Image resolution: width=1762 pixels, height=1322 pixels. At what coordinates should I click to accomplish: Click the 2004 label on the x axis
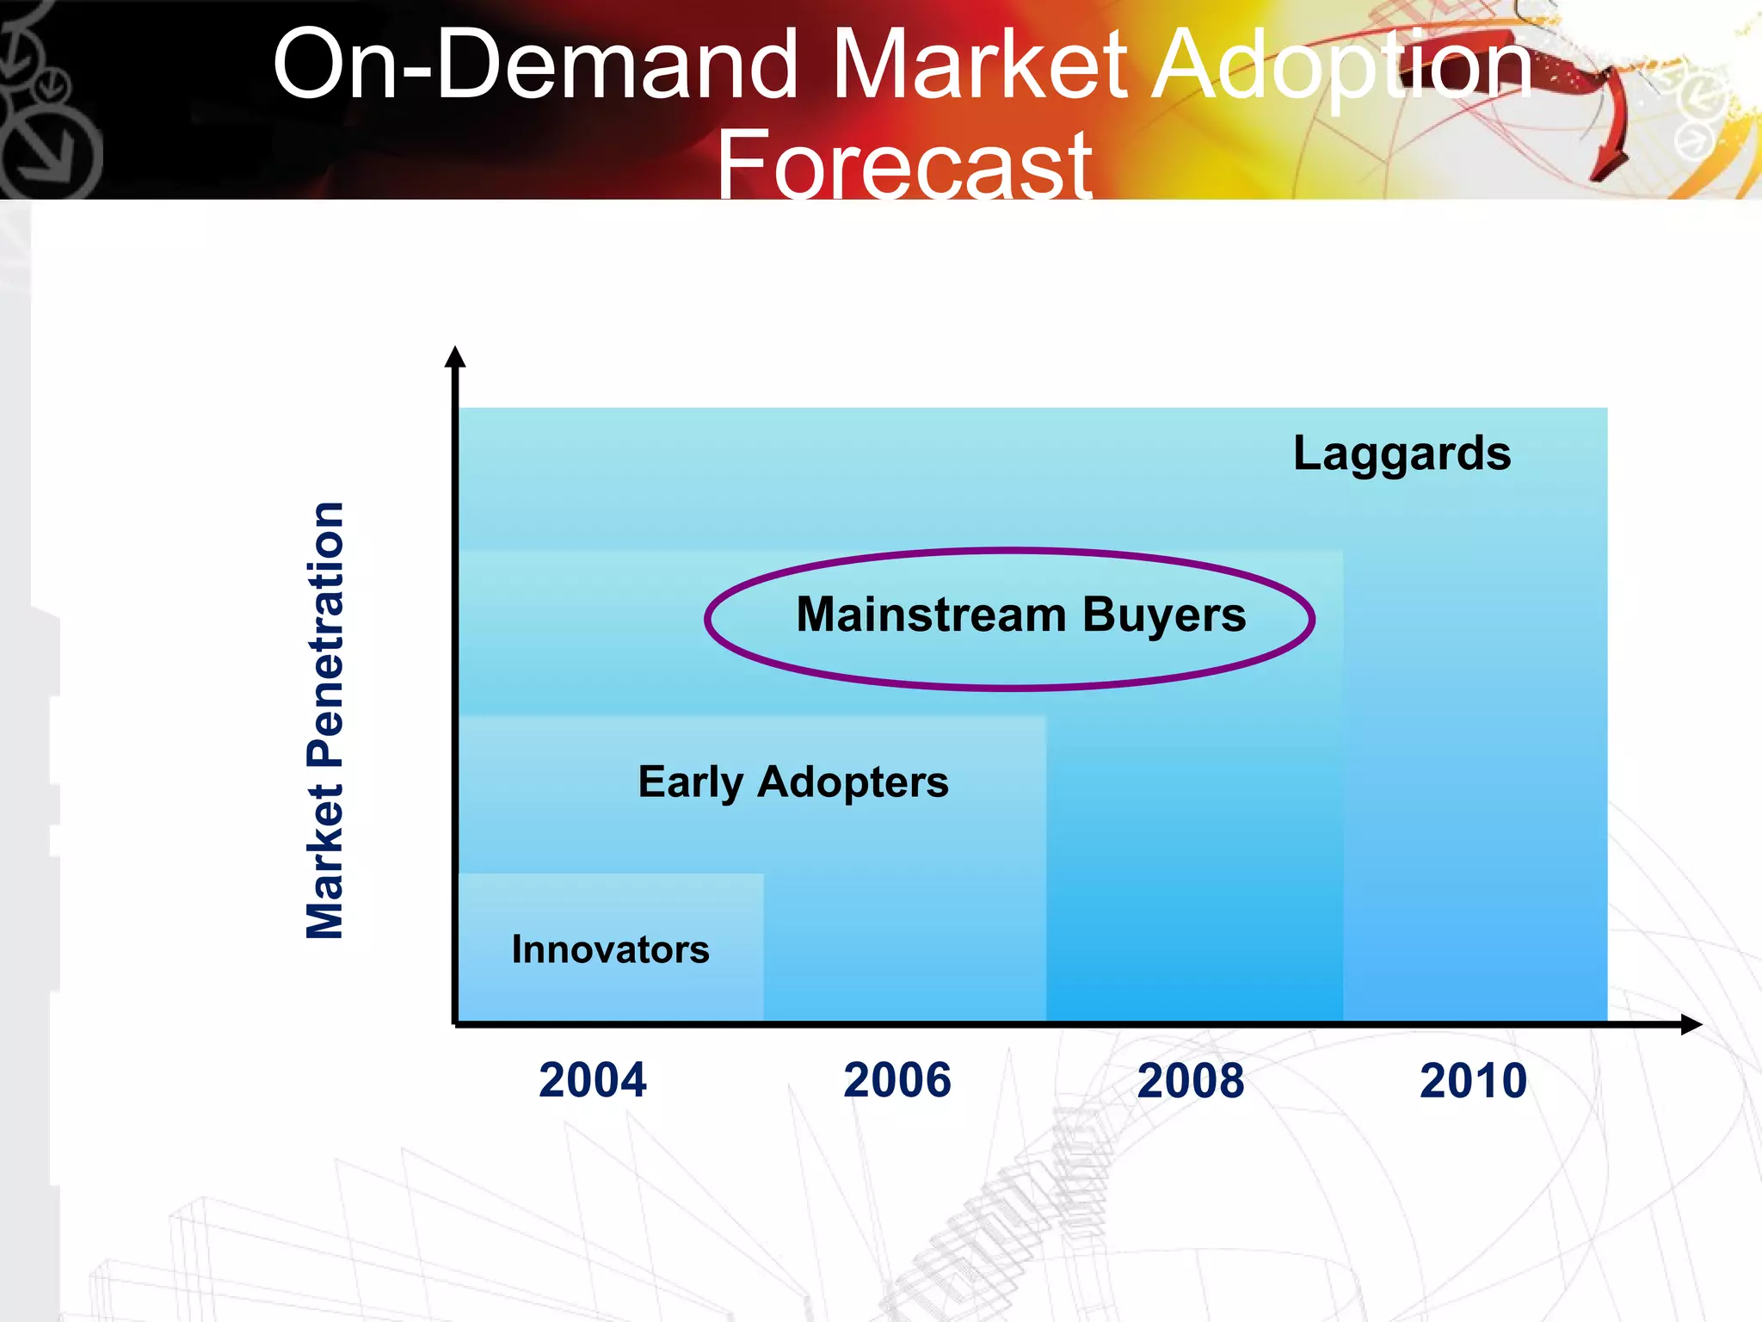[x=592, y=1080]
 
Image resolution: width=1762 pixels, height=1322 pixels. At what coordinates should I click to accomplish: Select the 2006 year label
[x=897, y=1080]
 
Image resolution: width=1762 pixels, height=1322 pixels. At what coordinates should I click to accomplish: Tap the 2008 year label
[x=1190, y=1081]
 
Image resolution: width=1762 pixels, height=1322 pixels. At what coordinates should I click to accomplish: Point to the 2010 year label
[x=1473, y=1081]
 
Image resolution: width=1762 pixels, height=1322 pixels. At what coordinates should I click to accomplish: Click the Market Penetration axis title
[x=325, y=720]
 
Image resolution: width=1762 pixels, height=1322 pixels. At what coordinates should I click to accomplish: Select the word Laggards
[x=1402, y=454]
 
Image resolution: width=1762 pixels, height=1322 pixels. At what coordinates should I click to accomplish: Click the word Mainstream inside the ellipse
[x=931, y=615]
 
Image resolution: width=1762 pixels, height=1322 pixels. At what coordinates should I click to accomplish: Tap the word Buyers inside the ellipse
[x=1164, y=616]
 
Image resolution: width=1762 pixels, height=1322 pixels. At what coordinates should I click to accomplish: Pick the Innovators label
[x=610, y=950]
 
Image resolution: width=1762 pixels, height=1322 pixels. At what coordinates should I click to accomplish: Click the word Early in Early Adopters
[x=690, y=783]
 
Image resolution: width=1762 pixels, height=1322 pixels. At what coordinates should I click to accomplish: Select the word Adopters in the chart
[x=853, y=783]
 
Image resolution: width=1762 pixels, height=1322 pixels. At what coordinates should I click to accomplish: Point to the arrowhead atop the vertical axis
[x=455, y=356]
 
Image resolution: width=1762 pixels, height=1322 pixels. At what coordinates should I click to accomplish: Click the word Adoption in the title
[x=1342, y=65]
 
